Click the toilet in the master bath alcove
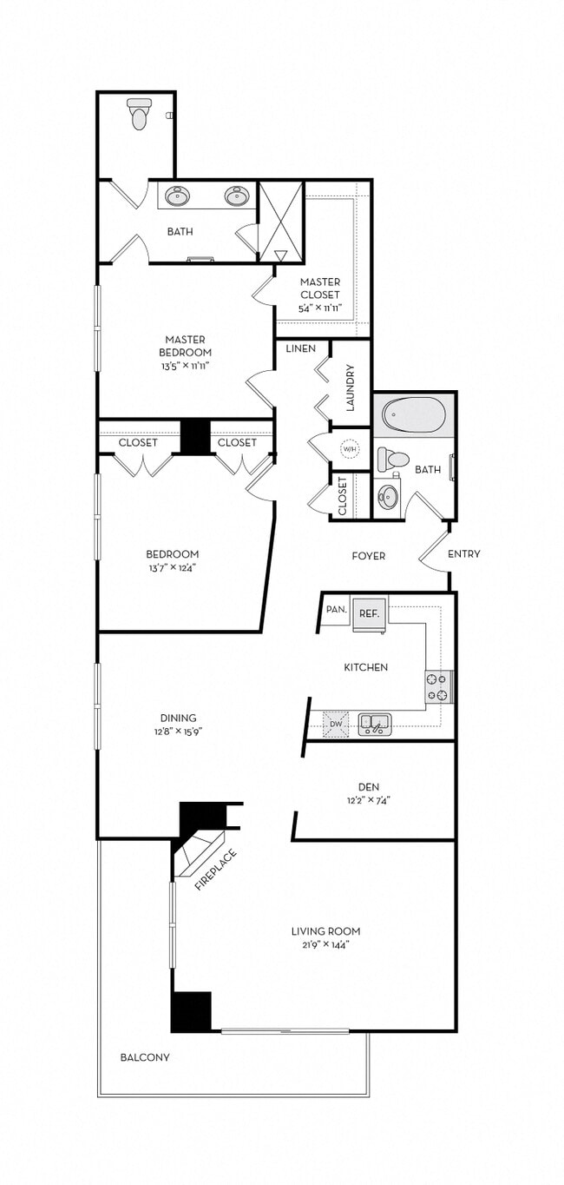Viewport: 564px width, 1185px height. (x=139, y=114)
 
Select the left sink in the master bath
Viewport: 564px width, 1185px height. (x=180, y=196)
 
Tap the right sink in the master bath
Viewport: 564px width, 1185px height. (x=237, y=196)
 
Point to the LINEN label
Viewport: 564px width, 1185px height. (x=300, y=348)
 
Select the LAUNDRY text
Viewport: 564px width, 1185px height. (x=351, y=387)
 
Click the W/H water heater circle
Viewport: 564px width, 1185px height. (x=350, y=449)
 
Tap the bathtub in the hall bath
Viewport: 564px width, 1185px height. (x=412, y=419)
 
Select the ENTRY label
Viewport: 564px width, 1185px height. (x=463, y=554)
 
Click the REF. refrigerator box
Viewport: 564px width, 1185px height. (x=370, y=612)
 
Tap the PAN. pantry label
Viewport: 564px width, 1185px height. (x=336, y=610)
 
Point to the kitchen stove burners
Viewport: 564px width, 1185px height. (x=438, y=686)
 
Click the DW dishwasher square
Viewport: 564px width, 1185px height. (x=335, y=723)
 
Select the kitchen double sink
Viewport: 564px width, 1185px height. (x=375, y=724)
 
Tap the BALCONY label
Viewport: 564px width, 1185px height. (x=145, y=1057)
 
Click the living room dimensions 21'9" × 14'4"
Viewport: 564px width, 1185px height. (x=325, y=944)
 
